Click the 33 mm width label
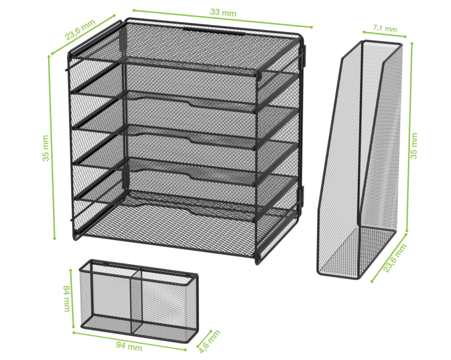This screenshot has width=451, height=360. [223, 13]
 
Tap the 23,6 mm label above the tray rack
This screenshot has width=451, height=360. [80, 30]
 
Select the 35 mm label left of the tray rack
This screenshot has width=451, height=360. [46, 148]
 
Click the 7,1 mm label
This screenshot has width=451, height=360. [385, 28]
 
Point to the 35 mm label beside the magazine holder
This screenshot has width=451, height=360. [413, 145]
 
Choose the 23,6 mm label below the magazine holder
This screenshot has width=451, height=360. [395, 258]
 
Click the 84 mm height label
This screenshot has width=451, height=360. [67, 298]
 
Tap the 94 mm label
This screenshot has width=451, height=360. [129, 345]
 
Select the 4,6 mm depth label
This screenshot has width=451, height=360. [209, 341]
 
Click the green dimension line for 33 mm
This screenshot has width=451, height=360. [222, 19]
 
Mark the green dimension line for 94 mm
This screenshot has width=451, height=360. [129, 341]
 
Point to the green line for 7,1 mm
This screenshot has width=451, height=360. [384, 34]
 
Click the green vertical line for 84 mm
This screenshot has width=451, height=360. [72, 298]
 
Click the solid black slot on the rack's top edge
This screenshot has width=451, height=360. [214, 31]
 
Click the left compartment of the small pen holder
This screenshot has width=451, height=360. [106, 299]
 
